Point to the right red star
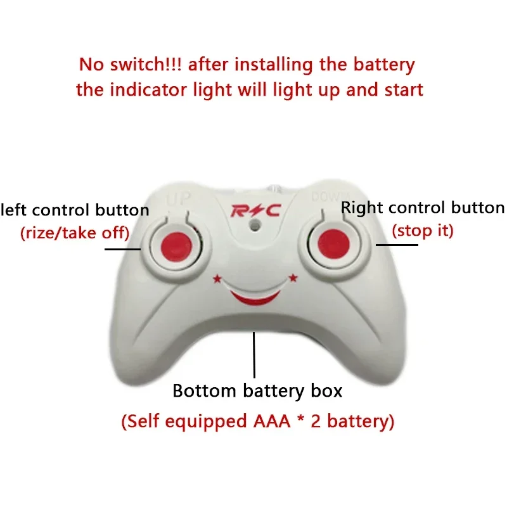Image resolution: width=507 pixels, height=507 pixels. (x=293, y=277)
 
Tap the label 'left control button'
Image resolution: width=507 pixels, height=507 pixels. (x=75, y=210)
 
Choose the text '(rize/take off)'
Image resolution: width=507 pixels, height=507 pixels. (x=75, y=233)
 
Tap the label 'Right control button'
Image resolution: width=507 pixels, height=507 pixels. (x=423, y=208)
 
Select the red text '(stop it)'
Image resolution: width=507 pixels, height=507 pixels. (x=423, y=230)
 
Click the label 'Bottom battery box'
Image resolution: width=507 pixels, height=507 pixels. (x=257, y=390)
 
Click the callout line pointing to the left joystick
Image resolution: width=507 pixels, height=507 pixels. (x=123, y=248)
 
